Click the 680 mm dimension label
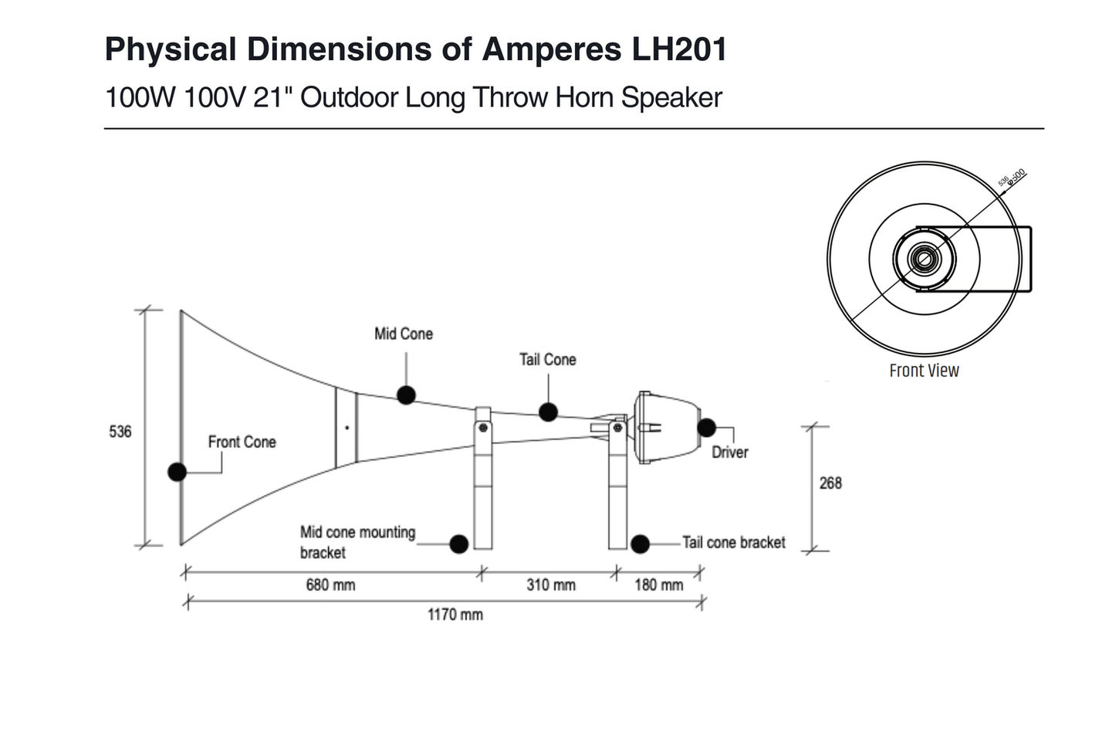[330, 585]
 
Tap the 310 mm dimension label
[550, 585]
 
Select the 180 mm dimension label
[658, 585]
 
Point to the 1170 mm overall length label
[455, 615]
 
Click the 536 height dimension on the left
[120, 432]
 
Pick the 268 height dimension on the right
[830, 483]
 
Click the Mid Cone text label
[403, 334]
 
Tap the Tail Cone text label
[547, 359]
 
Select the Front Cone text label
[242, 442]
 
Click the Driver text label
[729, 452]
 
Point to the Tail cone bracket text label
[733, 542]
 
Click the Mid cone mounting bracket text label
[357, 542]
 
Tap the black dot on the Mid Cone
[406, 395]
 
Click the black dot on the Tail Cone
[548, 412]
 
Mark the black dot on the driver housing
[706, 427]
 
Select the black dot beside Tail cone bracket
[640, 544]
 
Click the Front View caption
[924, 371]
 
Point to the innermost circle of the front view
[924, 258]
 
